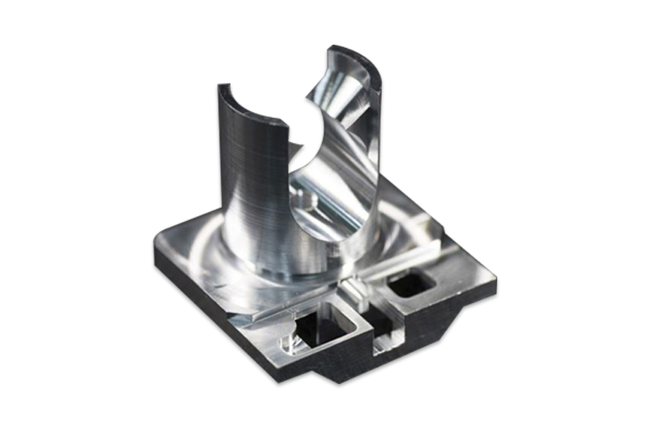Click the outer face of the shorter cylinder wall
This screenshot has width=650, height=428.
(244, 187)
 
